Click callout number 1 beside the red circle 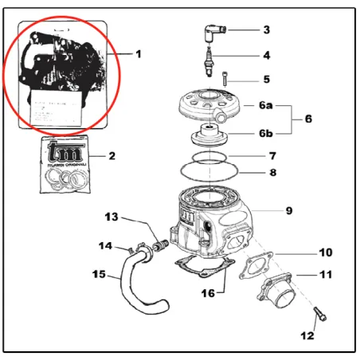coord(138,54)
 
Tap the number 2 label coord(112,155)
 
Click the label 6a coord(266,105)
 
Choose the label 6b coord(266,133)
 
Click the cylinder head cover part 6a coord(209,107)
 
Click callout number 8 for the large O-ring coord(272,171)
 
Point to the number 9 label coord(290,211)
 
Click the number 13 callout coord(112,217)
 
